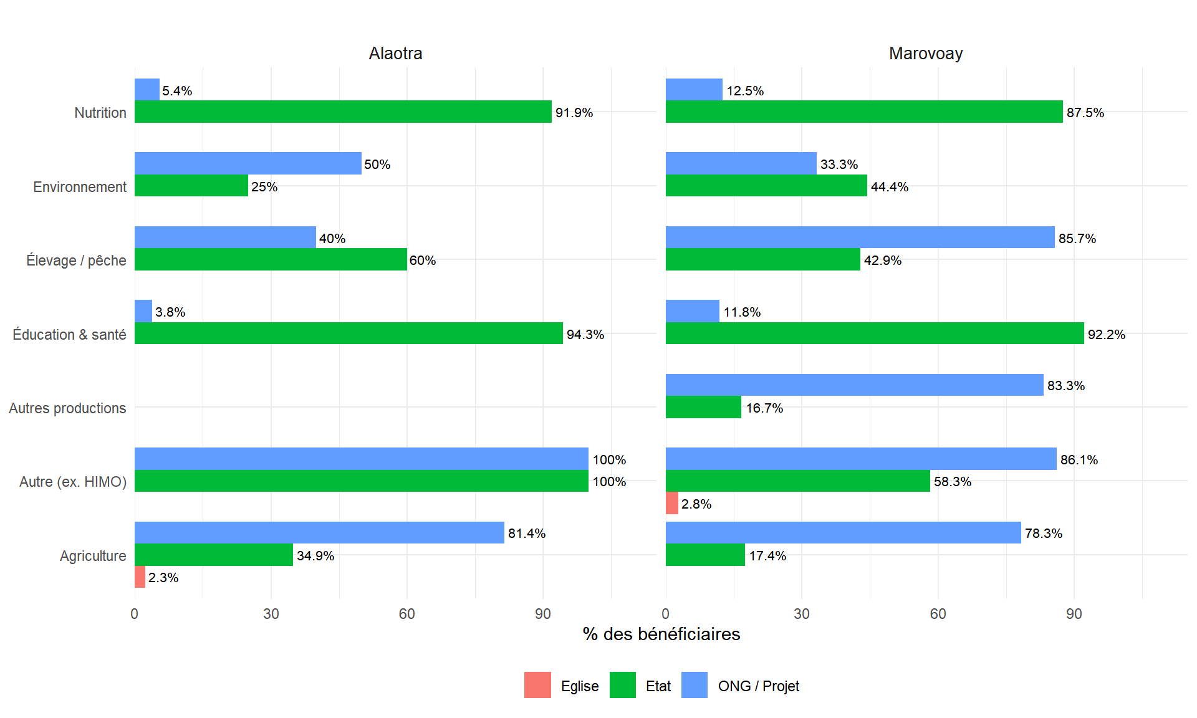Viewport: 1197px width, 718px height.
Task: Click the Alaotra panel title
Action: [395, 54]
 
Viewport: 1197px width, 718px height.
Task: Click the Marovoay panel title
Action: [925, 54]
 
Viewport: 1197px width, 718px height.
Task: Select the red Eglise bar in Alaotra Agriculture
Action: [140, 577]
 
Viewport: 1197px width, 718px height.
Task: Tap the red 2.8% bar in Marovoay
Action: [671, 503]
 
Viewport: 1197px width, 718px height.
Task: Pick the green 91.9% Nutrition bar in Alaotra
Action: [343, 112]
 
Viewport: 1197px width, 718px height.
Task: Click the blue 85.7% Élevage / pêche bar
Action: [860, 237]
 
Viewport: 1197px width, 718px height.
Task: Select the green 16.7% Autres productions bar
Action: [703, 407]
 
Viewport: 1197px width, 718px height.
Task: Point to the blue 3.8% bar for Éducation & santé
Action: [143, 311]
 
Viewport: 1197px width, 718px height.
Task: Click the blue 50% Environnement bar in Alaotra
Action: [248, 163]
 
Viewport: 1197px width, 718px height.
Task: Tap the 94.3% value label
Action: [585, 334]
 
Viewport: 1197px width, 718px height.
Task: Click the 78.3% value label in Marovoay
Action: [1043, 533]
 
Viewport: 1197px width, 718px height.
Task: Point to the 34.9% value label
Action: [315, 555]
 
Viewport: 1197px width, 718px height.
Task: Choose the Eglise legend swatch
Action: [537, 685]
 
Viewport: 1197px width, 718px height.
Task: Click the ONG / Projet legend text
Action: [758, 686]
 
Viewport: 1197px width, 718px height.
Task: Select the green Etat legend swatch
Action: [622, 685]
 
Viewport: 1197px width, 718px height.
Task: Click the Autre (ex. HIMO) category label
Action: [72, 482]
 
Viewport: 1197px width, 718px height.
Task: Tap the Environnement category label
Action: [79, 187]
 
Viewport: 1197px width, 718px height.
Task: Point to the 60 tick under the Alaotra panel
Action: [406, 614]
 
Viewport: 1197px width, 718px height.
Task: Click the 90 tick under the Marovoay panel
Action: [1074, 614]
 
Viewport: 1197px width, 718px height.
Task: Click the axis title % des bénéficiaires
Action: [661, 634]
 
